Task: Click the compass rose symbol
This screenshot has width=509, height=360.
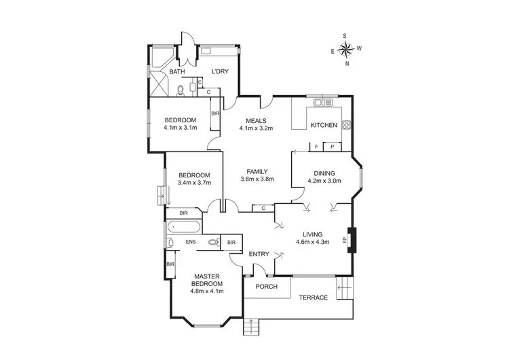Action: click(345, 49)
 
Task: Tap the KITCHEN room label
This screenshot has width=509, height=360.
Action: click(323, 126)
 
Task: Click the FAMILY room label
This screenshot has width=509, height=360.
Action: click(257, 171)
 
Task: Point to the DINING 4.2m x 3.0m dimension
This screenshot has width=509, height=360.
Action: click(324, 181)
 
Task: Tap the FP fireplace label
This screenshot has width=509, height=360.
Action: click(345, 240)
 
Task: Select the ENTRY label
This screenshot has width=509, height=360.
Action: click(259, 254)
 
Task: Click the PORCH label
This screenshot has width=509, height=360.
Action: click(267, 287)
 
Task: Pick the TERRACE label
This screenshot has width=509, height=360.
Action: click(314, 298)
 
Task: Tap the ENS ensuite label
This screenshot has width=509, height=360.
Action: click(191, 241)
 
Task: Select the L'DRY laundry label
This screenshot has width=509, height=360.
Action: click(219, 71)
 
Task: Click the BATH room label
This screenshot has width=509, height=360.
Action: click(177, 71)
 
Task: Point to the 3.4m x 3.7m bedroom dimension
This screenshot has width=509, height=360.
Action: click(195, 182)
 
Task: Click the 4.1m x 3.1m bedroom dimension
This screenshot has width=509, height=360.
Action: click(180, 127)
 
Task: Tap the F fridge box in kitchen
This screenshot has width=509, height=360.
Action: click(316, 147)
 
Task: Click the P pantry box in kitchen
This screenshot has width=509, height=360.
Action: click(333, 147)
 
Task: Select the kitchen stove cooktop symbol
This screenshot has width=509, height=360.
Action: click(346, 124)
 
